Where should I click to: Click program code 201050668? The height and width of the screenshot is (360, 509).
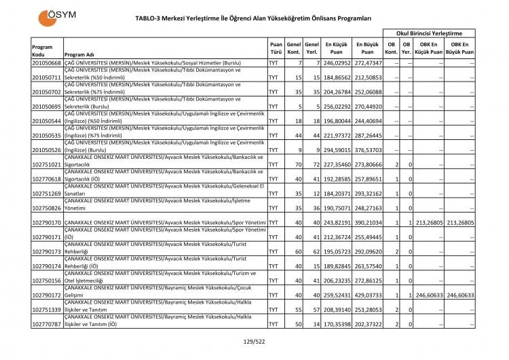(x=46, y=62)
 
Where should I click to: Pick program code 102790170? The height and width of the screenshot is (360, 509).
(x=46, y=222)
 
